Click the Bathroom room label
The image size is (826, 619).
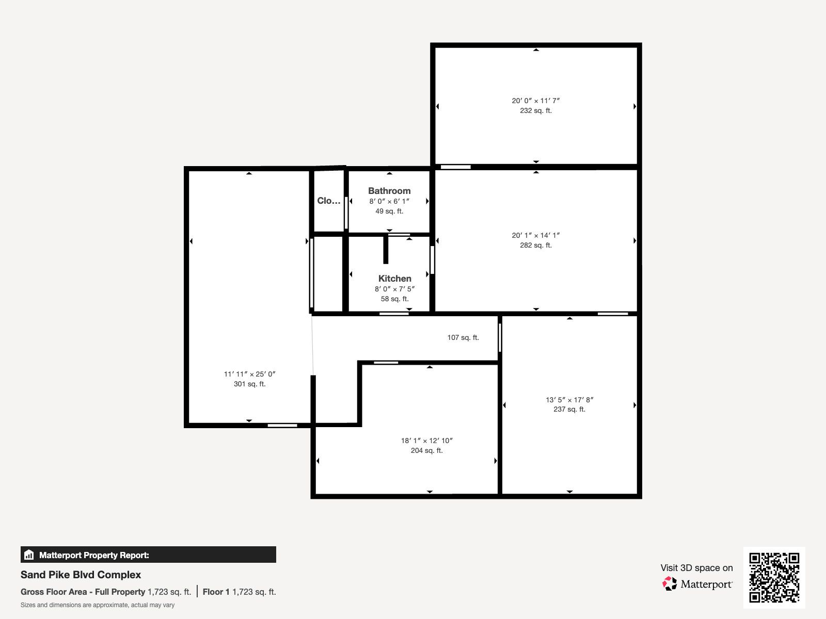pos(389,191)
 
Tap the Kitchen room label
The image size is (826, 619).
pos(394,279)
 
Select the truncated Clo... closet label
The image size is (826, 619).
pos(328,201)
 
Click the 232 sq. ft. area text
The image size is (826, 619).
pos(535,110)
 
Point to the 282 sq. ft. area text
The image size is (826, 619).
pos(535,245)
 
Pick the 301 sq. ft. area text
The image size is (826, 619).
pos(249,384)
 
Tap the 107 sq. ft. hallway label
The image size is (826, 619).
pos(463,337)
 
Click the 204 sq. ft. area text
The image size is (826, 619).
pos(426,450)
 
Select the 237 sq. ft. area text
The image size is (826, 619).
pos(569,409)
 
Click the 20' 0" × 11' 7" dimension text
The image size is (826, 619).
pos(535,101)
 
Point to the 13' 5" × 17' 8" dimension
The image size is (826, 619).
pos(569,399)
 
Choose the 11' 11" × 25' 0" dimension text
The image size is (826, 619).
pos(249,374)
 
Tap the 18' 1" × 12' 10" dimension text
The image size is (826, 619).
pos(426,441)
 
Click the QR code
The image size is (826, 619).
pos(774,577)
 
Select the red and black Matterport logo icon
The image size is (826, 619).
pos(670,584)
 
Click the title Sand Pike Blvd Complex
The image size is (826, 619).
pos(81,575)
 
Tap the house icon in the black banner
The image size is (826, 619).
pos(29,555)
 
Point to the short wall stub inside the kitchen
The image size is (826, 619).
pos(385,249)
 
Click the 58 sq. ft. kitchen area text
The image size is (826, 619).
pos(394,299)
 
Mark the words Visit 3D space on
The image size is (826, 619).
pos(696,568)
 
